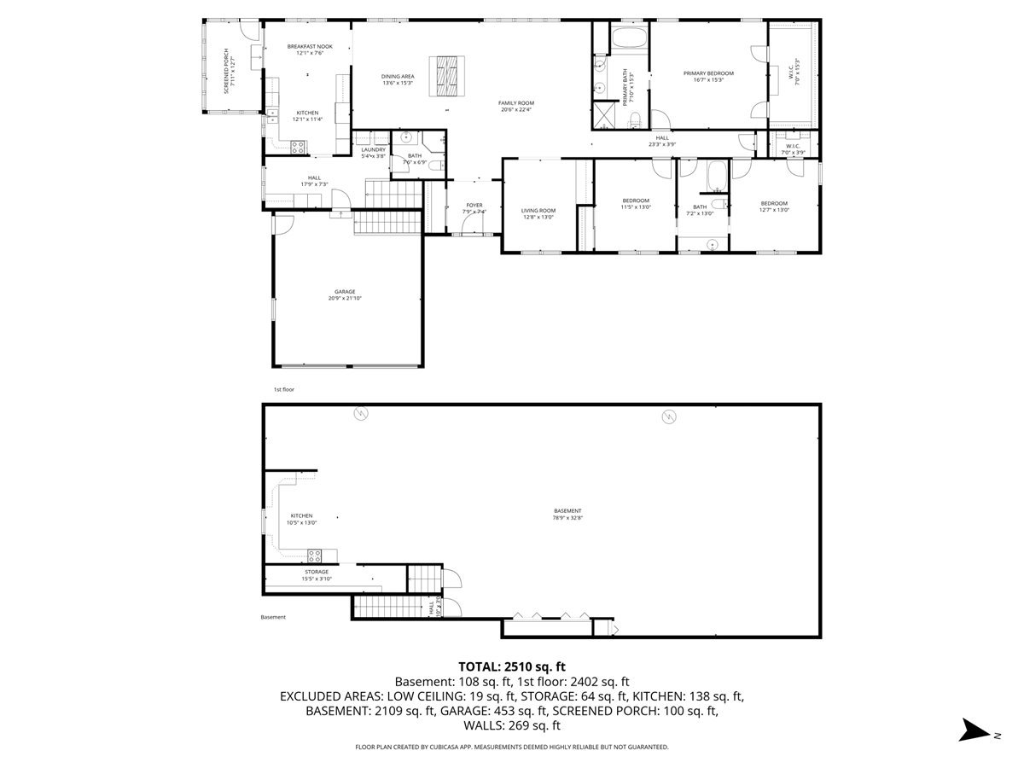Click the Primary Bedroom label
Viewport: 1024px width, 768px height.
pos(708,73)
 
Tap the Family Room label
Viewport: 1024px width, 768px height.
pos(516,102)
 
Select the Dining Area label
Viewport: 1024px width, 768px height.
pos(398,77)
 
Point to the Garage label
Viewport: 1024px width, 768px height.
pos(345,291)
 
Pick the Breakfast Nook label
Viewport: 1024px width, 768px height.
pos(309,46)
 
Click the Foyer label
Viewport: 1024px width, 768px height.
pos(474,205)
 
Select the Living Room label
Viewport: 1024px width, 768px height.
pos(538,210)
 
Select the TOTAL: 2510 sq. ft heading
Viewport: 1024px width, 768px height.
pos(512,666)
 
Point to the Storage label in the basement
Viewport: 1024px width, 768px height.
pos(316,572)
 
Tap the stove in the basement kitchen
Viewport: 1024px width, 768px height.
pos(314,554)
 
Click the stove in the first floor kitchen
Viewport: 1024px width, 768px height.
pos(300,147)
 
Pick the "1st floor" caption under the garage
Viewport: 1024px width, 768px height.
pos(284,390)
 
